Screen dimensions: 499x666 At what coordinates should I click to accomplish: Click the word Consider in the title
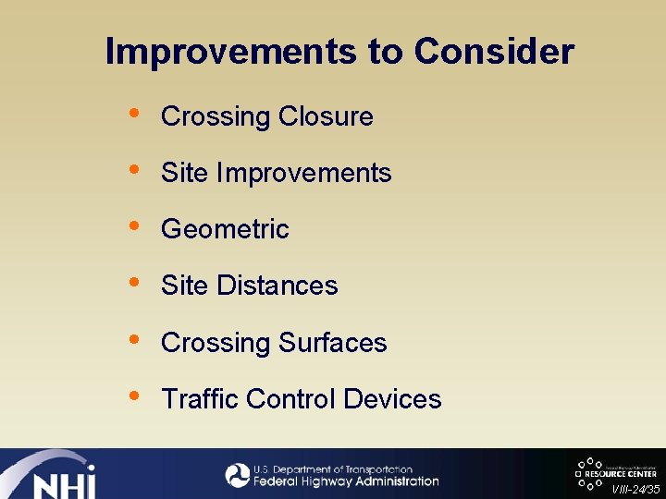click(x=494, y=52)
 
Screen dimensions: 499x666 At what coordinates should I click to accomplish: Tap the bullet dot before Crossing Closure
click(x=135, y=114)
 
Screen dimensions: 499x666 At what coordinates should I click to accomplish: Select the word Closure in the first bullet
click(x=326, y=117)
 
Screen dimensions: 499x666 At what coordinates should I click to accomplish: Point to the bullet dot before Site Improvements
click(x=135, y=170)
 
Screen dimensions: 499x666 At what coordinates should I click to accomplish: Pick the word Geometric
click(x=225, y=230)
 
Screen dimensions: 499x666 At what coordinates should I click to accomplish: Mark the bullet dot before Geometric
click(x=135, y=226)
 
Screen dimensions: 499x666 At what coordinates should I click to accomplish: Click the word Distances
click(x=277, y=286)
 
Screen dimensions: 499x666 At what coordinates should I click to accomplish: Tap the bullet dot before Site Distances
click(x=135, y=283)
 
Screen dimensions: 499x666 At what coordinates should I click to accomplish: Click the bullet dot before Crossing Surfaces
click(x=135, y=339)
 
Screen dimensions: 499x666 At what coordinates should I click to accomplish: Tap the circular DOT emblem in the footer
click(x=238, y=475)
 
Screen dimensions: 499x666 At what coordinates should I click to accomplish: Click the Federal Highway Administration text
click(x=345, y=481)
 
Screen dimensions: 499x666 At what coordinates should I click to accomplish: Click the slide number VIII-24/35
click(x=635, y=490)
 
